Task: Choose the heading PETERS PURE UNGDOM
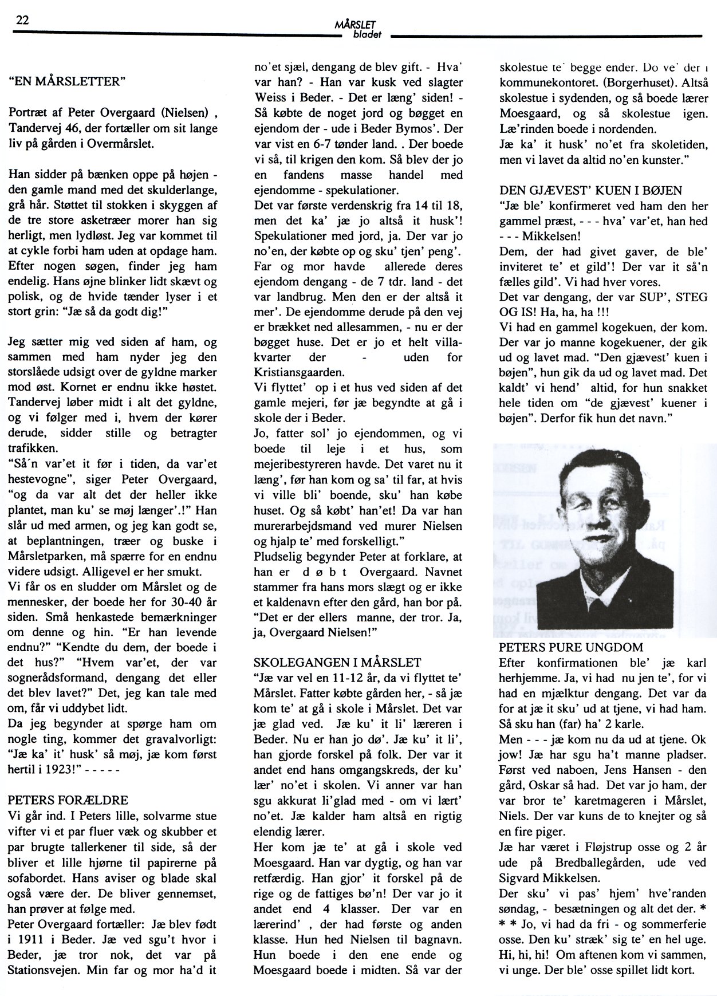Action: coord(571,648)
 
